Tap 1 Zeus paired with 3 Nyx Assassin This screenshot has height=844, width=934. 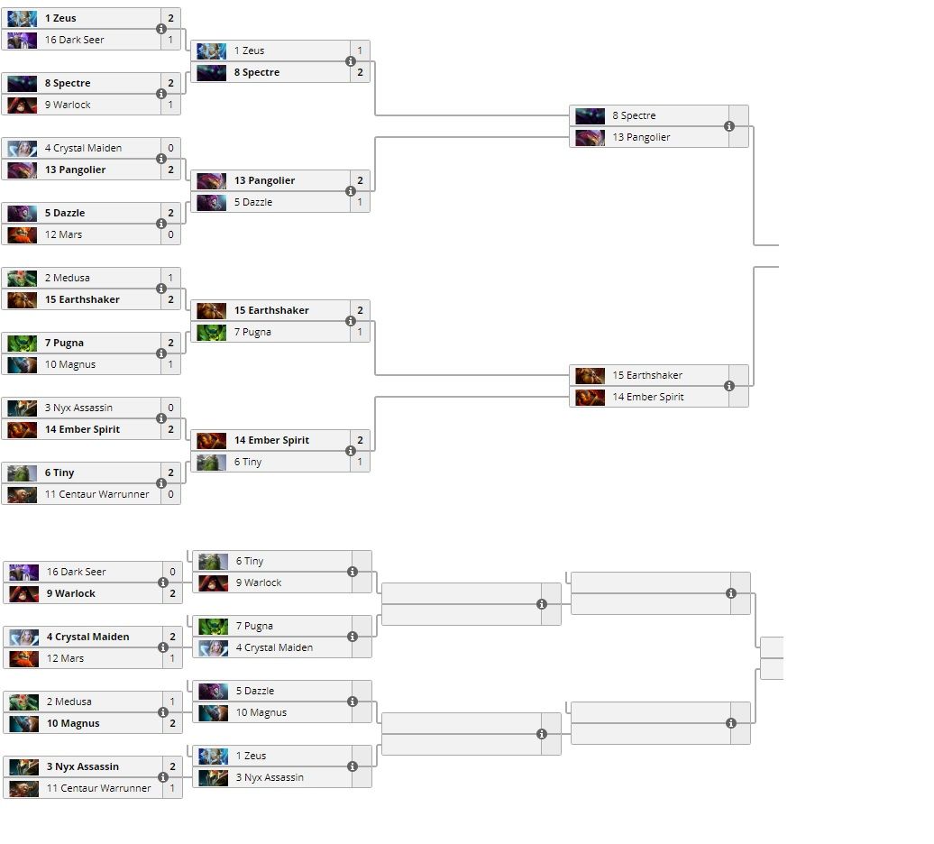point(250,756)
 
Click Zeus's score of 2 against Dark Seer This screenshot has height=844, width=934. point(170,18)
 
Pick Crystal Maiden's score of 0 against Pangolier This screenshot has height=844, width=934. point(170,148)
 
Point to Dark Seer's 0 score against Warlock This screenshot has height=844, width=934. point(172,572)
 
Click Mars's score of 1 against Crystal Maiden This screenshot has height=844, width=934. point(172,658)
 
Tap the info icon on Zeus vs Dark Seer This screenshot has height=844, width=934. point(161,29)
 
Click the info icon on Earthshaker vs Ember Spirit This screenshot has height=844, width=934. point(729,386)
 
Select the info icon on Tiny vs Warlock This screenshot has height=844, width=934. point(353,572)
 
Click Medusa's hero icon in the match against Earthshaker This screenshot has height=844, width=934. point(23,278)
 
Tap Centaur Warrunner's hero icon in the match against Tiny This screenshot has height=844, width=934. point(23,494)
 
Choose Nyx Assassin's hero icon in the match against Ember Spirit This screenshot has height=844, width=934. point(23,408)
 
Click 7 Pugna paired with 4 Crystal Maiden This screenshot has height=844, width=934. point(254,626)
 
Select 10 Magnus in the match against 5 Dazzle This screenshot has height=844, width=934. point(261,712)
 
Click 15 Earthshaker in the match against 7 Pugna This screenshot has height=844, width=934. point(271,310)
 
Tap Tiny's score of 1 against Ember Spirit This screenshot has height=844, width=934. point(360,462)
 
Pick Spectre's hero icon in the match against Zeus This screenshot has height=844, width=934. point(212,72)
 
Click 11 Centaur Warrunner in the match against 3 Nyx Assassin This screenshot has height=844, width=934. point(98,788)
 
